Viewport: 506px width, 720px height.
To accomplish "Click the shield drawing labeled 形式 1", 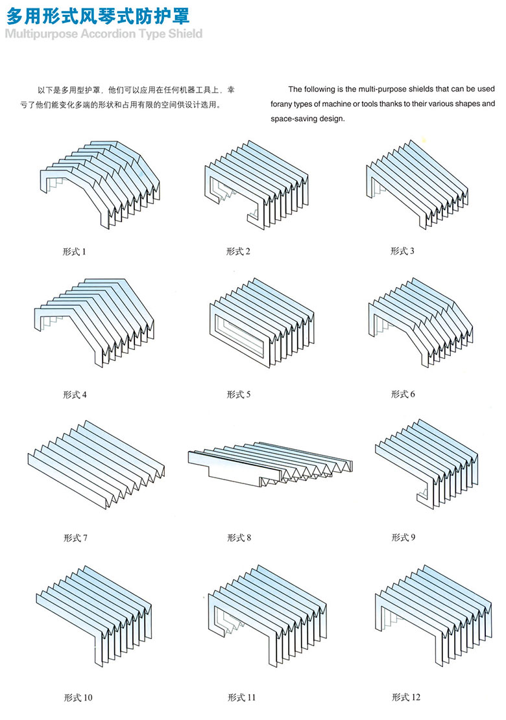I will tap(101, 181).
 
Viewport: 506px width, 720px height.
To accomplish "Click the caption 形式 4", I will tap(75, 394).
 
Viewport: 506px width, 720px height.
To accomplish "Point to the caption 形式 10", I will tap(78, 697).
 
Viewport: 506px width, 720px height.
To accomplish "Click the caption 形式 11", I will tap(241, 697).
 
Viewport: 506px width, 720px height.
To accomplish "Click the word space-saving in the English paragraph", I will tap(296, 119).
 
